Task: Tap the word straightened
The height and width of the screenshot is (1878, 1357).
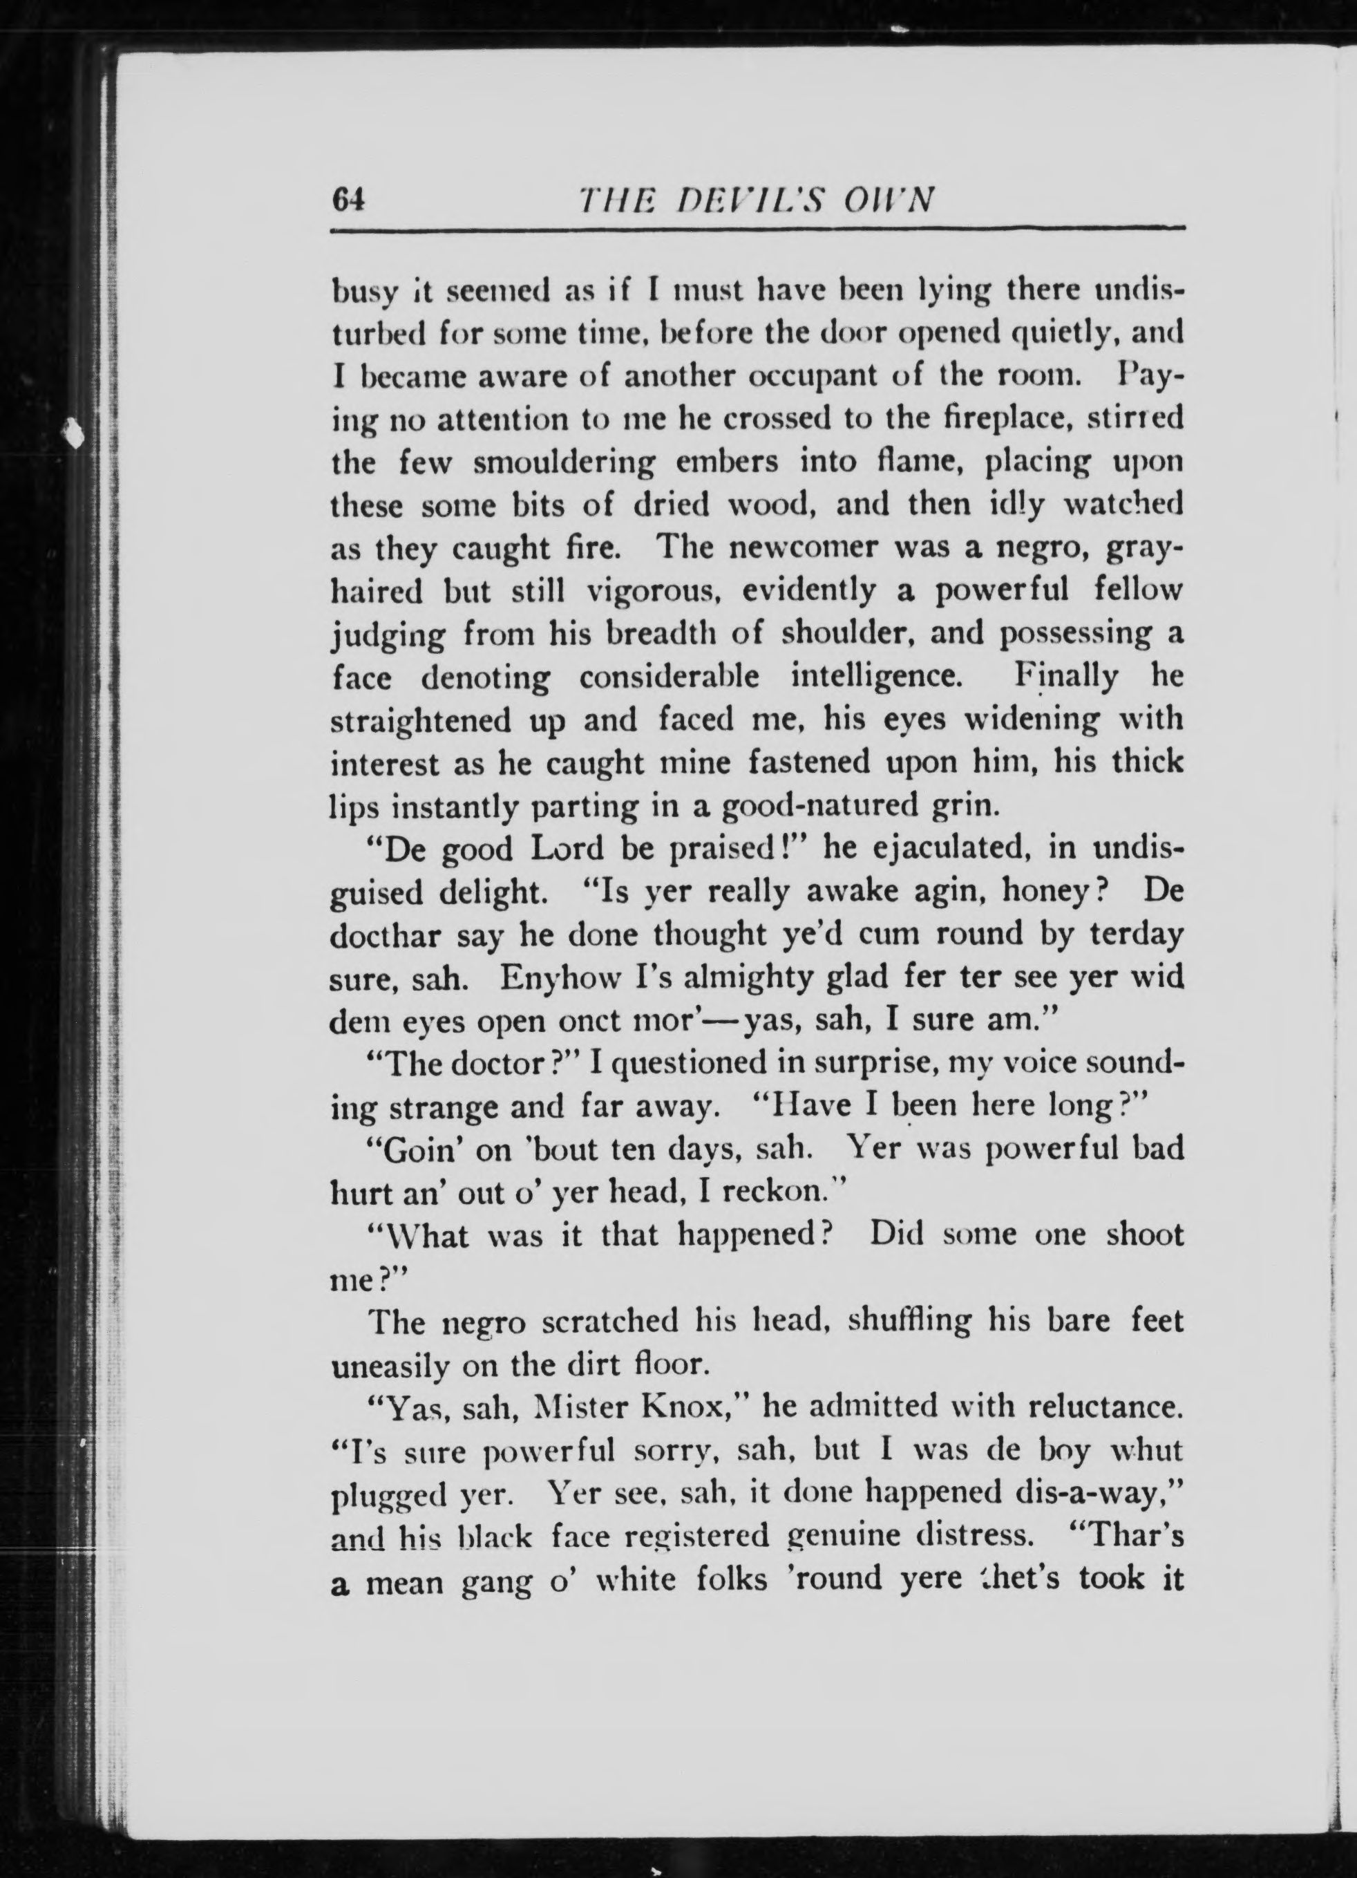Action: (x=421, y=720)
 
